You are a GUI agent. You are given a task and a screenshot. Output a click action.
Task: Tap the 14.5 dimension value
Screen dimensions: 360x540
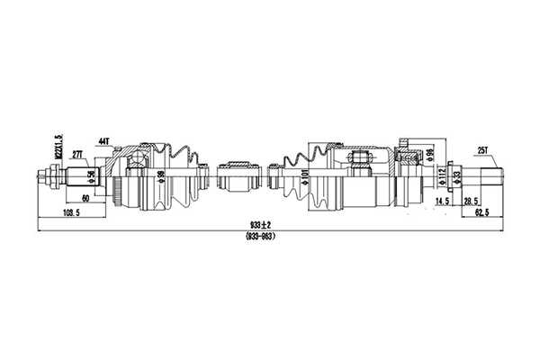pyautogui.click(x=442, y=202)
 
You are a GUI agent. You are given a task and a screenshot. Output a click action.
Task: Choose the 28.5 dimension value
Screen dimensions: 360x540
pyautogui.click(x=471, y=202)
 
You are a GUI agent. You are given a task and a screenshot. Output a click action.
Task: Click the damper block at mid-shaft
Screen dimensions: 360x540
pyautogui.click(x=239, y=176)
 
